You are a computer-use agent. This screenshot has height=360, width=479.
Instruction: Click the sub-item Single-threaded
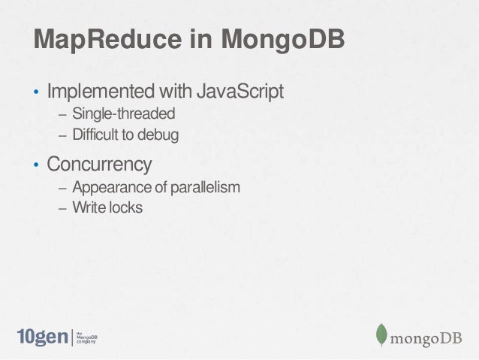click(123, 115)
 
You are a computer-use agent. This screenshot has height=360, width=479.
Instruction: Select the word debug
click(161, 135)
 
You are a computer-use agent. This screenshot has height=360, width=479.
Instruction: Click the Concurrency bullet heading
click(99, 163)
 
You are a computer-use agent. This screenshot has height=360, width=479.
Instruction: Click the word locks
click(123, 206)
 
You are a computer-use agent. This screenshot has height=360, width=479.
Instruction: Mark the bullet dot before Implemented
click(35, 95)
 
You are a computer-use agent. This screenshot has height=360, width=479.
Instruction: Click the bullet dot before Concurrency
click(35, 165)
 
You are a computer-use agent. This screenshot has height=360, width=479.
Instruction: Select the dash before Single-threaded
click(62, 116)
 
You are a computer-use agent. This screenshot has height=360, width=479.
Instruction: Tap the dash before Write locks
click(62, 207)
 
